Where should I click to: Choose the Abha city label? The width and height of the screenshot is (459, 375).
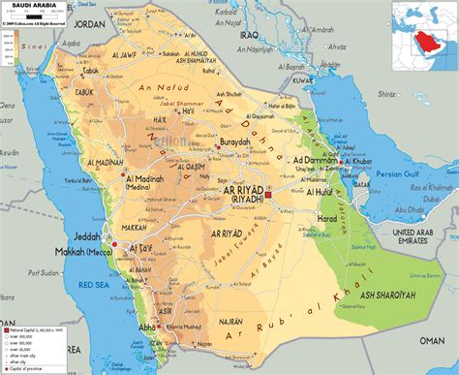point(148,327)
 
